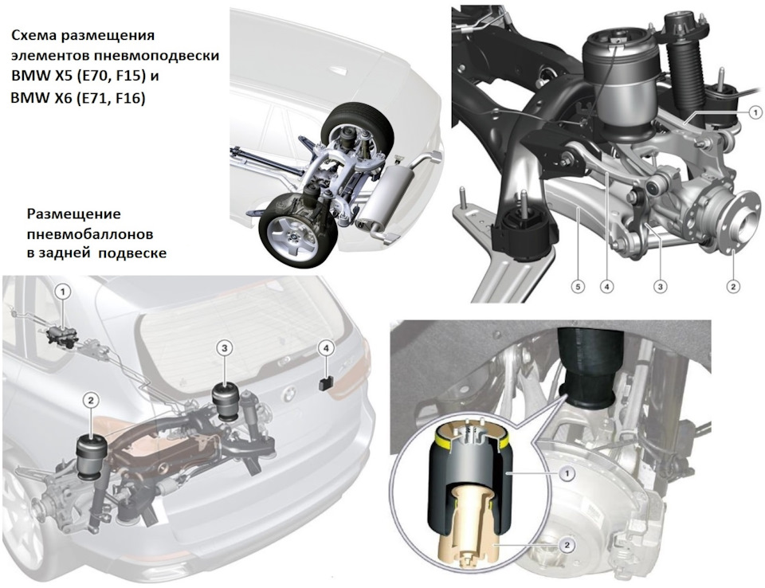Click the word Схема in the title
(x=31, y=36)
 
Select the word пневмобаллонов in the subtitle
(x=90, y=234)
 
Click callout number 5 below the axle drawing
(x=578, y=287)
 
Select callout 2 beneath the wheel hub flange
(x=733, y=287)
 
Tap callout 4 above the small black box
(x=326, y=348)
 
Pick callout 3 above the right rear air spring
(x=224, y=348)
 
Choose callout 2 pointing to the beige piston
(x=567, y=545)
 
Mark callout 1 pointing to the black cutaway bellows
(x=567, y=472)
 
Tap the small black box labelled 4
(x=326, y=384)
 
